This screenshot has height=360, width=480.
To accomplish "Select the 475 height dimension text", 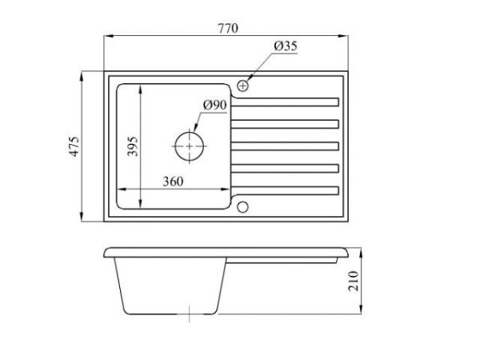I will (x=74, y=148).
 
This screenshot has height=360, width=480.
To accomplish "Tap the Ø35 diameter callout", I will (x=284, y=47).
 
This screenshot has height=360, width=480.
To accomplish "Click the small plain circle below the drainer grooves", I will (x=244, y=207).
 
